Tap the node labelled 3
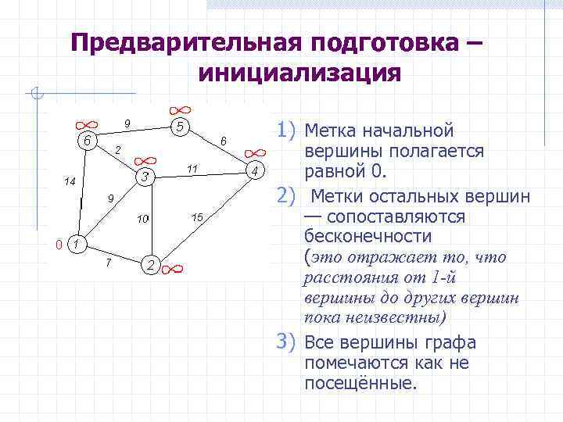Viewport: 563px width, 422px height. (145, 177)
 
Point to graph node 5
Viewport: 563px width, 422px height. (180, 127)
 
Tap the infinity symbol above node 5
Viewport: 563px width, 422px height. (180, 110)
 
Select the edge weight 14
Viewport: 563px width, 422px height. (69, 181)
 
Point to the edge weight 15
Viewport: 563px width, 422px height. (196, 216)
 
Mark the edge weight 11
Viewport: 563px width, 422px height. (192, 169)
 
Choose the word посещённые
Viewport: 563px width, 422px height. (360, 383)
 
